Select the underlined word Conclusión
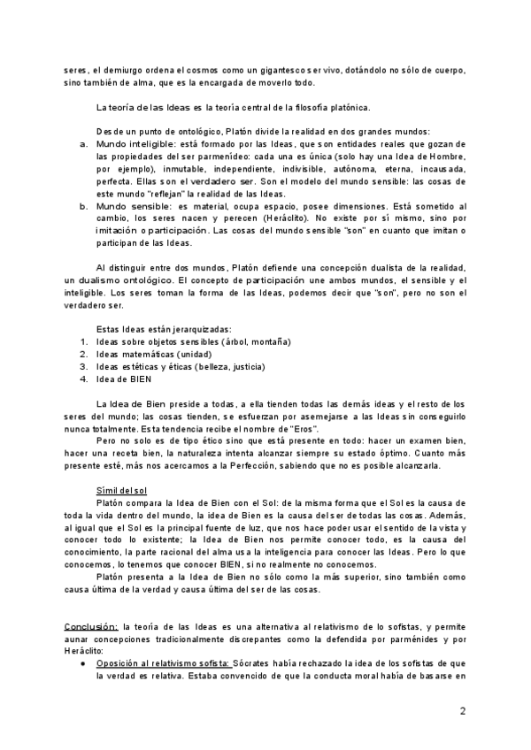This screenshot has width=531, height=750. click(91, 626)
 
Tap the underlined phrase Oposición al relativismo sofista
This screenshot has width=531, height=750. click(164, 662)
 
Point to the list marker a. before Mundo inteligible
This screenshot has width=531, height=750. click(84, 143)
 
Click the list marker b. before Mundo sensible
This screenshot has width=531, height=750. click(84, 204)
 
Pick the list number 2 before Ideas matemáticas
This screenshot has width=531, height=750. click(84, 355)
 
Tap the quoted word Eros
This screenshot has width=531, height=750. click(302, 429)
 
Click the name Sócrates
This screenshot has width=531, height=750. click(253, 662)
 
